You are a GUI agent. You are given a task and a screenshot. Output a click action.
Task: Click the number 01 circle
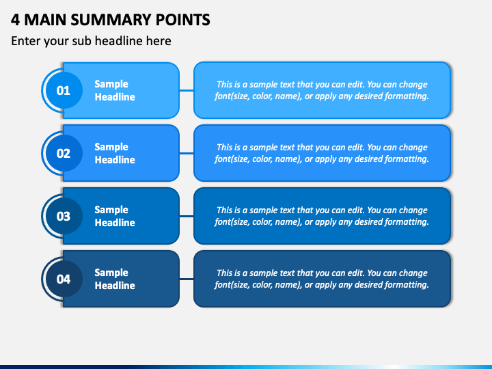coord(64,90)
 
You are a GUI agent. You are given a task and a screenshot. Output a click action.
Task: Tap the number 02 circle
coord(64,153)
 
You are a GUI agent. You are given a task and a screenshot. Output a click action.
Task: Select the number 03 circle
coord(64,216)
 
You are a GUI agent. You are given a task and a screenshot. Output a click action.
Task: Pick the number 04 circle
coord(64,279)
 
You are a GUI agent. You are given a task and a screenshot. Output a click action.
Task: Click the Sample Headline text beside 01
coord(115,90)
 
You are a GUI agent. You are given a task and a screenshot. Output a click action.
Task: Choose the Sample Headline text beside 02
coord(115,153)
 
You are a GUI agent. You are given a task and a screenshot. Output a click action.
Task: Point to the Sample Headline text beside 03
coord(115,216)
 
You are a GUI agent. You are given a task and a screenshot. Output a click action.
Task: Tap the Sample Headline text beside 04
coord(115,279)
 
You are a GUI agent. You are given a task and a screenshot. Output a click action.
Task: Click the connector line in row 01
coord(187,90)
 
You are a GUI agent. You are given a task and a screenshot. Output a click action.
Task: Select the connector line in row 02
coord(187,153)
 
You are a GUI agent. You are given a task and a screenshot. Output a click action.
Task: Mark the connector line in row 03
coord(187,216)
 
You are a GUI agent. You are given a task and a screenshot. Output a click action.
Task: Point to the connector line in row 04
coord(187,279)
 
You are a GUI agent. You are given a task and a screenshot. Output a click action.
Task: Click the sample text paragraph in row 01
coord(322,90)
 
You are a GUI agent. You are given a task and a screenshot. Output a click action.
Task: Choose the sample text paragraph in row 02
coord(322,153)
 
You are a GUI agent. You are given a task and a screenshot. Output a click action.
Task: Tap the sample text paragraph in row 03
coord(322,216)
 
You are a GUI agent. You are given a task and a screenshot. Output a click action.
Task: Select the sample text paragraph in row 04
coord(322,279)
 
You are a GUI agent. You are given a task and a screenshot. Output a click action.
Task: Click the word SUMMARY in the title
coord(111,20)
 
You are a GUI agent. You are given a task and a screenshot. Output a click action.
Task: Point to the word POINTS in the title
coord(183,20)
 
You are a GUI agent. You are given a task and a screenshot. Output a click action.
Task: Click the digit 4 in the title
coord(15,20)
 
